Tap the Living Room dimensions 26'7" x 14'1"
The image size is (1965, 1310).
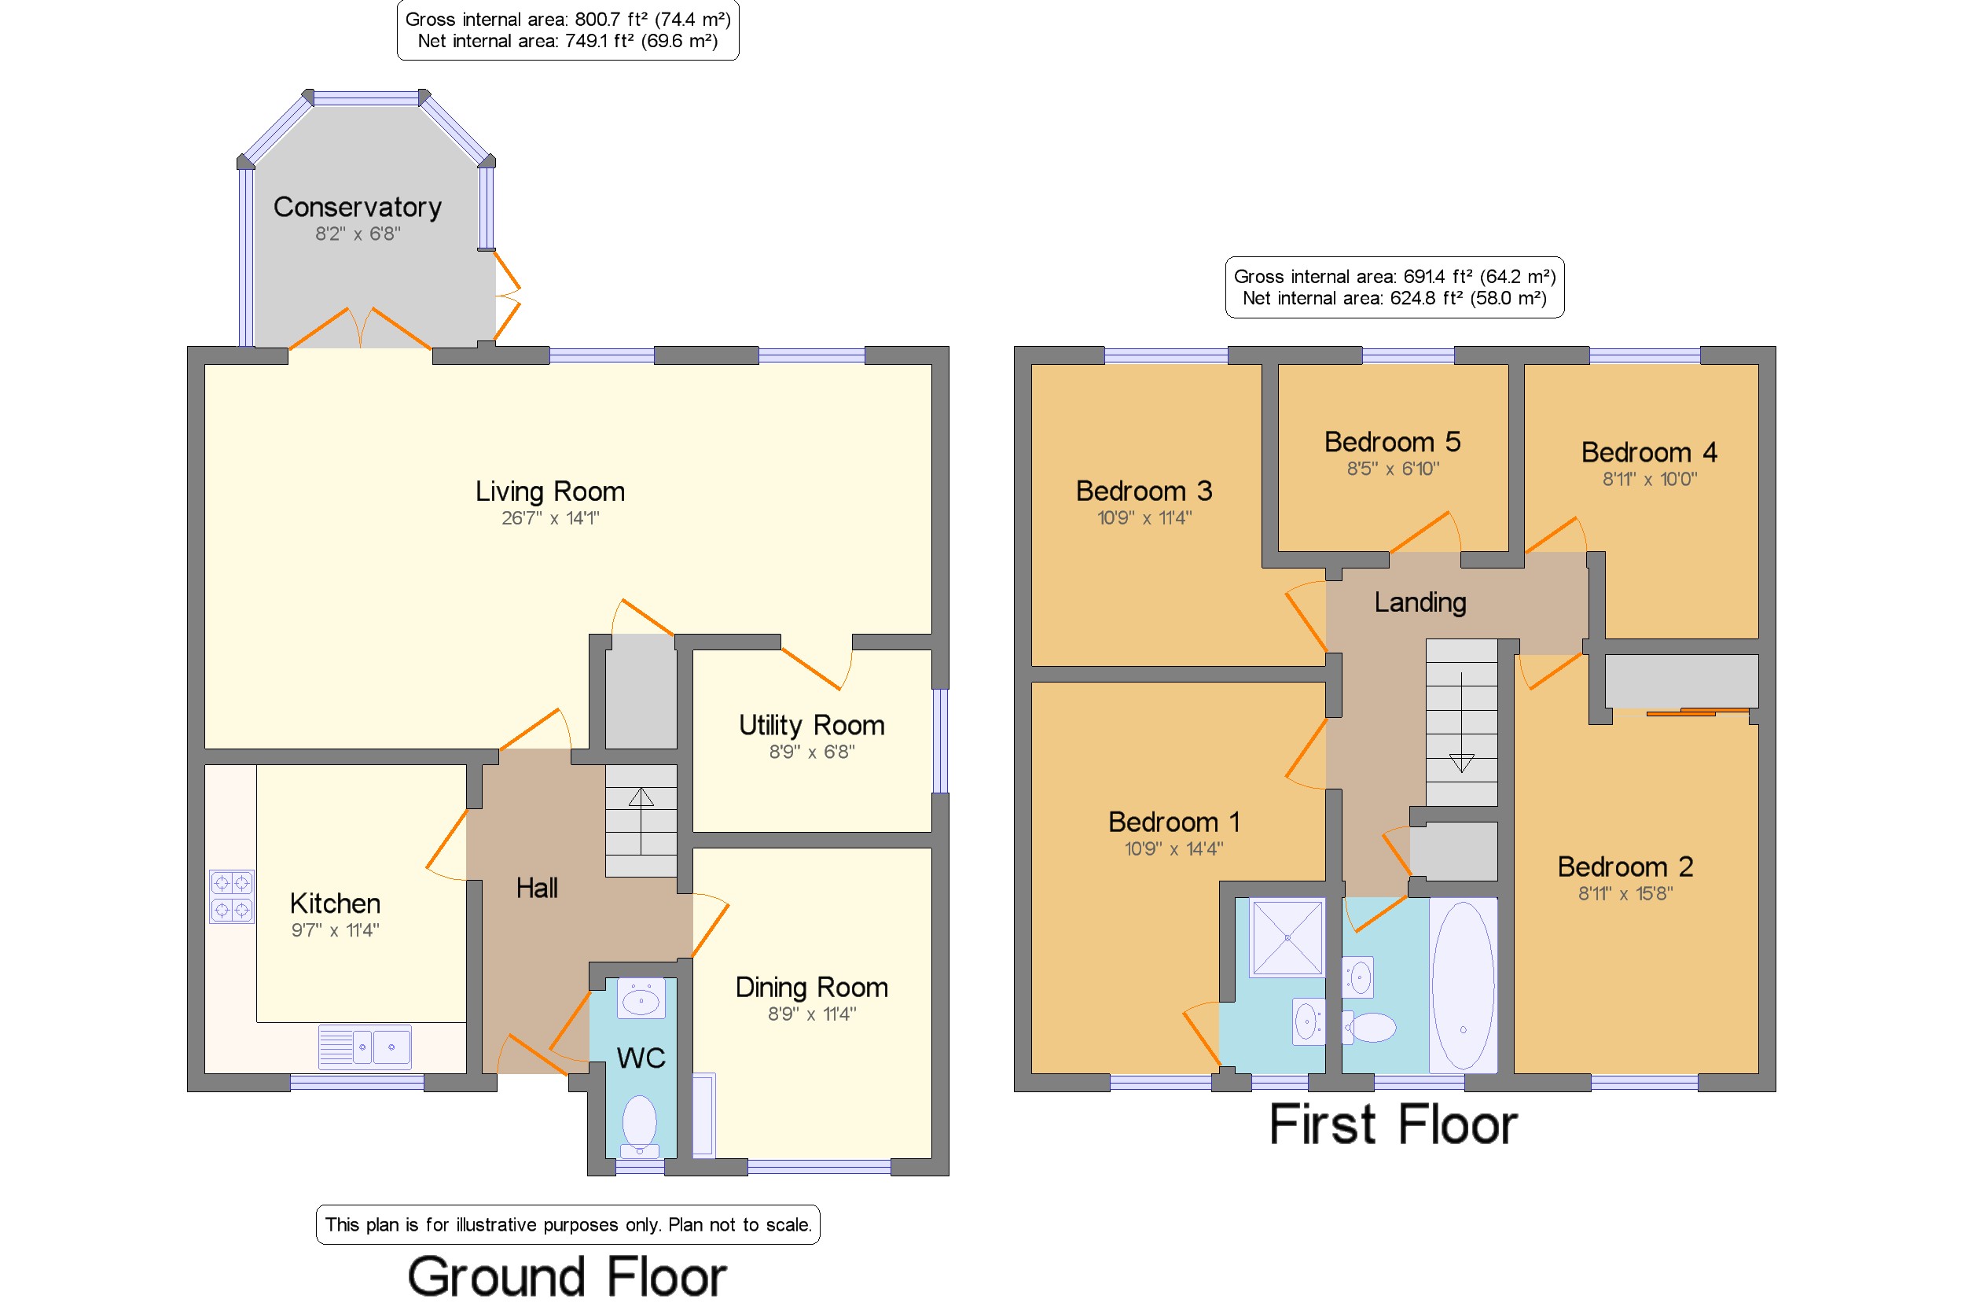tap(550, 518)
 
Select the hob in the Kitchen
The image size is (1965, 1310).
tap(232, 896)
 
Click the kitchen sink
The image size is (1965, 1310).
tap(365, 1047)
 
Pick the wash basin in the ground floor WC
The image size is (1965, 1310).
tap(641, 999)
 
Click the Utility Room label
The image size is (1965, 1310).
tap(812, 725)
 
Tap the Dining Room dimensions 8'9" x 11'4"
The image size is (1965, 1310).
tap(812, 1014)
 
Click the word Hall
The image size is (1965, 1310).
tap(537, 888)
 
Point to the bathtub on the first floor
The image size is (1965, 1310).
tap(1463, 985)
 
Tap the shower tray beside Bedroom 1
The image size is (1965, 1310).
tap(1287, 937)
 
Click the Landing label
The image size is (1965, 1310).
tap(1420, 602)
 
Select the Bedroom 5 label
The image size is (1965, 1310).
tap(1392, 442)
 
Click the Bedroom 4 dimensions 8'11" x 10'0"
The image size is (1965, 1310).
tap(1649, 480)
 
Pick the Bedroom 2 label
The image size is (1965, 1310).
tap(1625, 867)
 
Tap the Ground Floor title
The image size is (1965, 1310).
tap(567, 1278)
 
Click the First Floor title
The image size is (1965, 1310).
tap(1393, 1125)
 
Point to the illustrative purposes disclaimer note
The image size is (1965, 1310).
tap(567, 1225)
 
